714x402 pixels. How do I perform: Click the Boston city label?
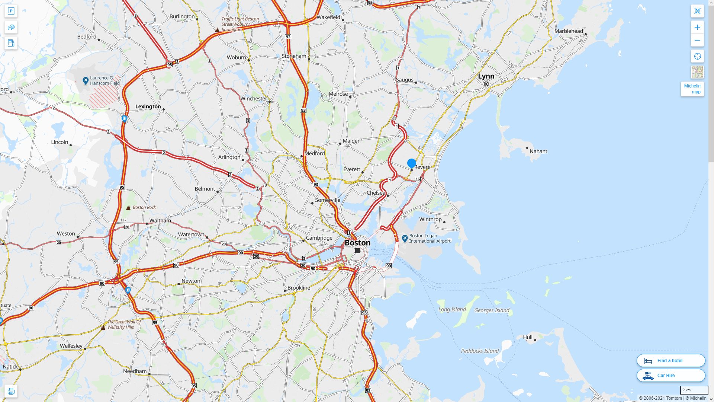coord(357,243)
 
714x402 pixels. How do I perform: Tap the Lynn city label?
coord(486,76)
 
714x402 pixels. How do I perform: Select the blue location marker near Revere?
coord(411,163)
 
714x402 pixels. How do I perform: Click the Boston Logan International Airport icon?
coord(405,238)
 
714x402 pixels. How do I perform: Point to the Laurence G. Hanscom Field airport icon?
coord(85,80)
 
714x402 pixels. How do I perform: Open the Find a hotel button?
coord(670,360)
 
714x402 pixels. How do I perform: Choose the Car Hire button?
coord(670,375)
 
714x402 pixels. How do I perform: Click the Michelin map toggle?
coord(692,89)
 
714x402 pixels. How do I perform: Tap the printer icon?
coord(11,391)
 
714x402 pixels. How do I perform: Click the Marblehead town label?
coord(569,31)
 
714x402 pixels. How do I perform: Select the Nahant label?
coord(538,151)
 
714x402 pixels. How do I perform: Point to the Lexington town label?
coord(148,106)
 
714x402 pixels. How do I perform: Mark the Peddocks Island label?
coord(480,351)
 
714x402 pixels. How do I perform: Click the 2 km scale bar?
coord(694,390)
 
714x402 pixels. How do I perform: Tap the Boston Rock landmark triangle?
coord(128,208)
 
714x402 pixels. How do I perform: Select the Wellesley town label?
coord(71,346)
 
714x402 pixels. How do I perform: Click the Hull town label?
coord(528,337)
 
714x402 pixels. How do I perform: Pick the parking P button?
coord(11,11)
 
